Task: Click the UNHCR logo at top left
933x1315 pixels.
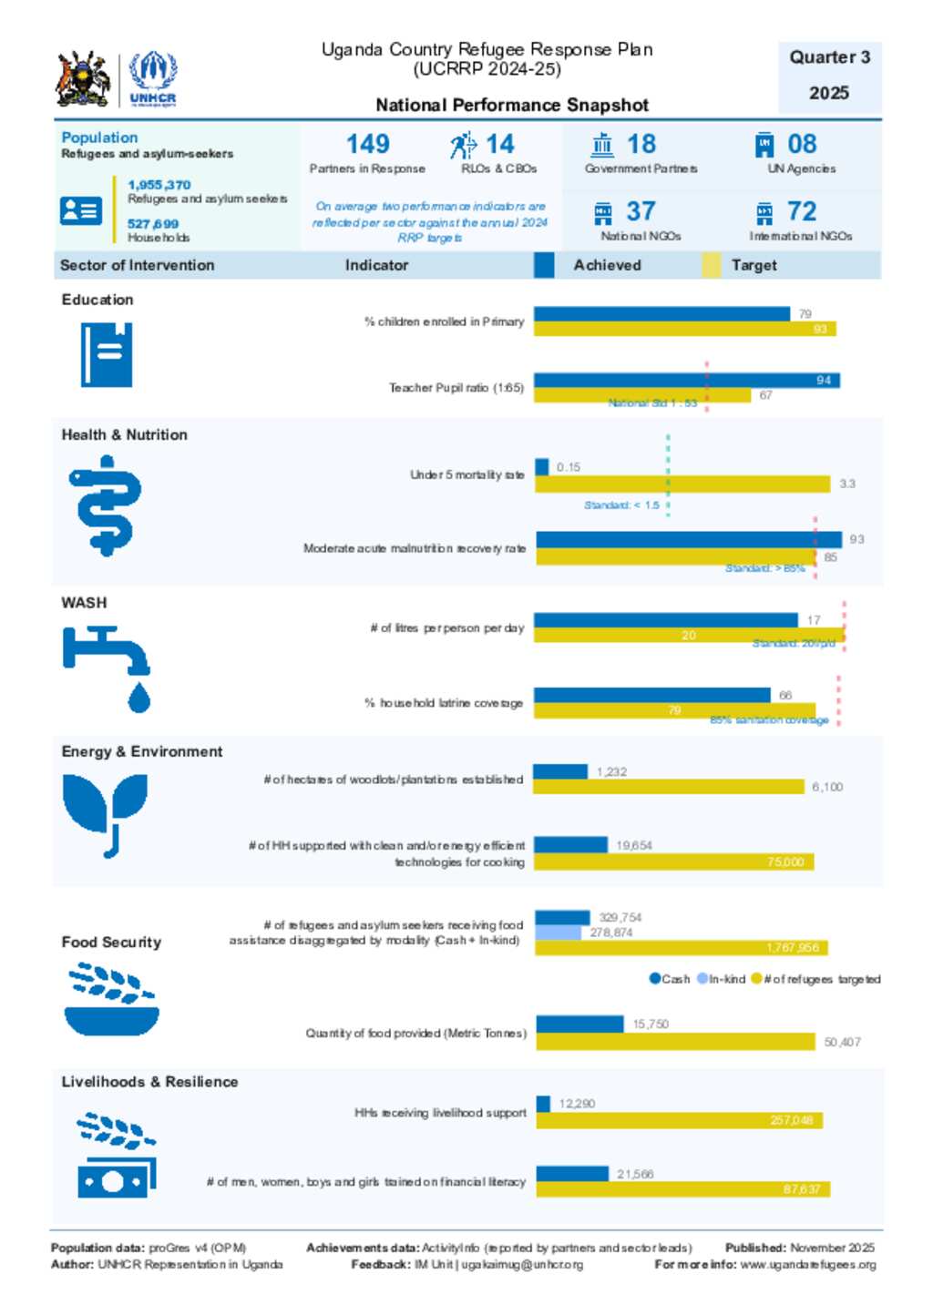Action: pyautogui.click(x=152, y=79)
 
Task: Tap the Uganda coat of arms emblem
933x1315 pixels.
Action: pyautogui.click(x=84, y=79)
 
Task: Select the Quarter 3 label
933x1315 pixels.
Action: pyautogui.click(x=829, y=57)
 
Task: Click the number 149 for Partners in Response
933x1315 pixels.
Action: pyautogui.click(x=367, y=144)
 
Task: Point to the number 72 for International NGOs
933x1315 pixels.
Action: pyautogui.click(x=801, y=211)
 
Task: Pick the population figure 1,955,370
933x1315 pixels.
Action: pyautogui.click(x=159, y=185)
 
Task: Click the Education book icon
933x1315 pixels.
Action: pyautogui.click(x=106, y=354)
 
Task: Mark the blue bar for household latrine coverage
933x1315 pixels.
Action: pyautogui.click(x=651, y=695)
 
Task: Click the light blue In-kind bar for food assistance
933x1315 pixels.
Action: pyautogui.click(x=558, y=933)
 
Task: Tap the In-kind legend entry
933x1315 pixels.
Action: pyautogui.click(x=722, y=979)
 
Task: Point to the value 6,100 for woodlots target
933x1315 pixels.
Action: pyautogui.click(x=827, y=787)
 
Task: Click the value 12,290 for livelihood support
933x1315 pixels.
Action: pyautogui.click(x=577, y=1104)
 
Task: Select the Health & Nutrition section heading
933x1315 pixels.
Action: pyautogui.click(x=124, y=435)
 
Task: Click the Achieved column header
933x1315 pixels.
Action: pyautogui.click(x=607, y=265)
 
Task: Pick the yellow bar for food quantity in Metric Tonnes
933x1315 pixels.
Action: pyautogui.click(x=675, y=1041)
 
